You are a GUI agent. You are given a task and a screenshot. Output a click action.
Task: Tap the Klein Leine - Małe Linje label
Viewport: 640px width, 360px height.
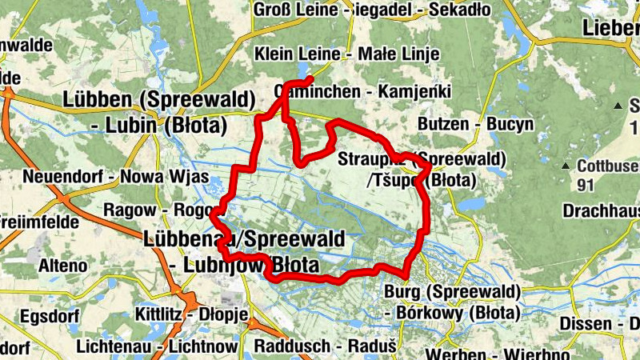pyautogui.click(x=347, y=54)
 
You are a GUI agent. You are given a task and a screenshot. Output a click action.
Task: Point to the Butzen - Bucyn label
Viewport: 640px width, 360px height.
pyautogui.click(x=475, y=124)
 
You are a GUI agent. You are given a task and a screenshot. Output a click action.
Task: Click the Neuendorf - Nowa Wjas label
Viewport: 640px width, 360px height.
pyautogui.click(x=116, y=177)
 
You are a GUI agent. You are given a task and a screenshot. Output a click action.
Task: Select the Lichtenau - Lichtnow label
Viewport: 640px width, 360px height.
pyautogui.click(x=157, y=347)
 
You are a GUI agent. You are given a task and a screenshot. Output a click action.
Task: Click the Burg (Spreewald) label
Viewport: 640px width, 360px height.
pyautogui.click(x=453, y=290)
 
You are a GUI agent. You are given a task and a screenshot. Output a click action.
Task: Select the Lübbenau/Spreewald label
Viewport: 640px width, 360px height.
pyautogui.click(x=244, y=238)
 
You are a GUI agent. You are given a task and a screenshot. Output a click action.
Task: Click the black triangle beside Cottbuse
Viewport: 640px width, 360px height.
pyautogui.click(x=566, y=166)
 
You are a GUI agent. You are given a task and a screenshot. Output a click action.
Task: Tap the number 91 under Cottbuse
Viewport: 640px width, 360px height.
pyautogui.click(x=586, y=183)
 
